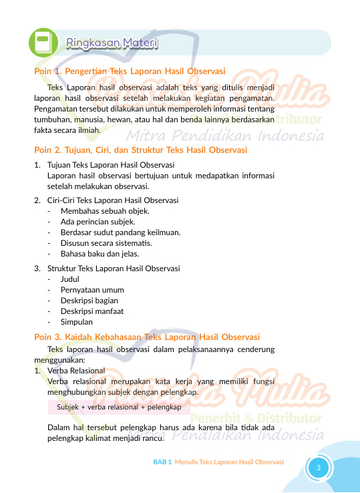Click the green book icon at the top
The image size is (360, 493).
43,42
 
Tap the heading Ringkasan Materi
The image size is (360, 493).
112,43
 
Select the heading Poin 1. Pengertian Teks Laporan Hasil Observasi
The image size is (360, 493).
129,71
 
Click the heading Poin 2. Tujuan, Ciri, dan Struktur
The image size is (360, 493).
141,150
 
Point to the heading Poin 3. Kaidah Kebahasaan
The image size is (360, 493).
146,336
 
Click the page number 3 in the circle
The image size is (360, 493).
319,467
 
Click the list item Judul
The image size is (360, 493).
70,279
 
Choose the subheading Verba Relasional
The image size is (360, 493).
76,370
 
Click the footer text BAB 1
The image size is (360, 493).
162,462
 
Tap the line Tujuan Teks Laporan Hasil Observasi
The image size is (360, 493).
111,165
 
